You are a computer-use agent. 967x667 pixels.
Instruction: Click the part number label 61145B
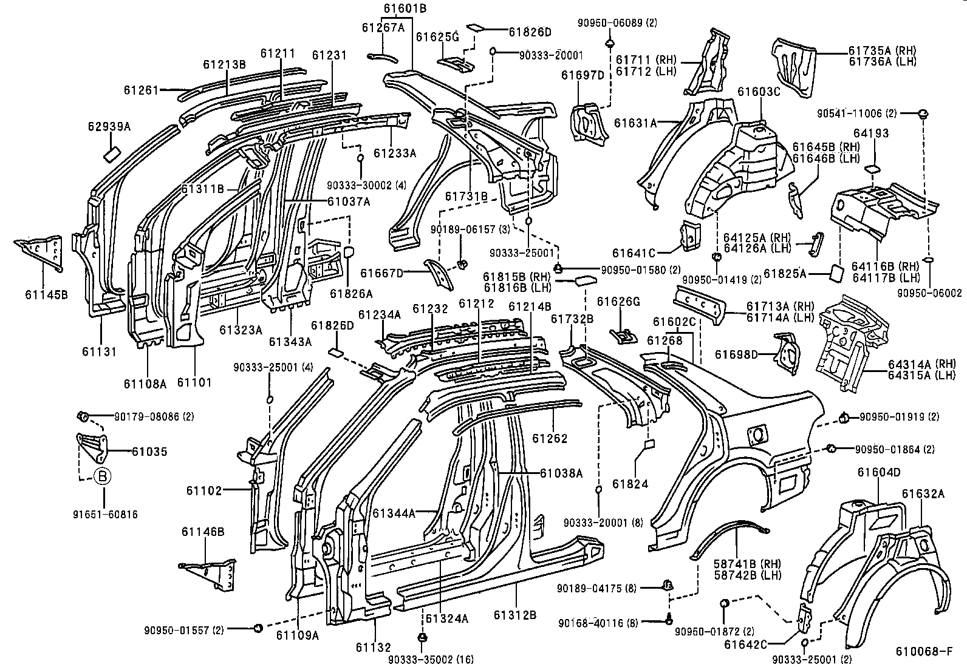click(x=46, y=295)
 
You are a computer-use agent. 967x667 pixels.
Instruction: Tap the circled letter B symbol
click(x=103, y=477)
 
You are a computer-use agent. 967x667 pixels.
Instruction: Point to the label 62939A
click(x=109, y=126)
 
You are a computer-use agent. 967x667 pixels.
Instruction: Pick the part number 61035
click(x=149, y=452)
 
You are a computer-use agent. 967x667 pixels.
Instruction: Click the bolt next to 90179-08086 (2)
click(x=83, y=416)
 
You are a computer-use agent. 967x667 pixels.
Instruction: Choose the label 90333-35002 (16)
click(x=431, y=659)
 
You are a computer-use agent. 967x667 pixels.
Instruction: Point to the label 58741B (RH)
click(x=747, y=564)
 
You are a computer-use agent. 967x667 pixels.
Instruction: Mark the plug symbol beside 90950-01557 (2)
click(x=258, y=628)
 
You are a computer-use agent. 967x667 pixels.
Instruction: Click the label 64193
click(x=870, y=134)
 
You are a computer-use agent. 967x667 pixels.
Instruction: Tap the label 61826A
click(x=351, y=294)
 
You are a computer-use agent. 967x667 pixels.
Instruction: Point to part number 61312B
click(x=514, y=615)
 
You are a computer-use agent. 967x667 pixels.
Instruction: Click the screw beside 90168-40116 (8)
click(x=668, y=621)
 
